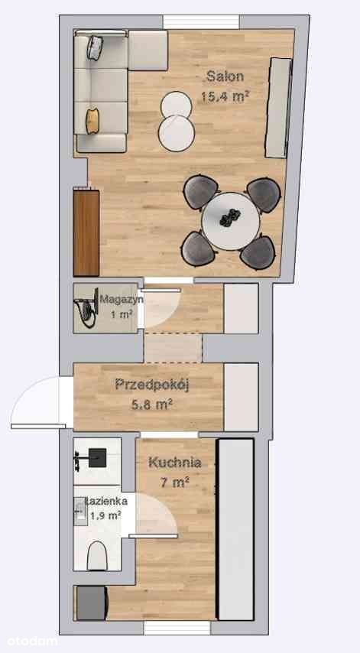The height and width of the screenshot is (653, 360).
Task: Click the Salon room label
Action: point(225,76)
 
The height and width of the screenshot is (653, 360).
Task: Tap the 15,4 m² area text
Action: point(225,96)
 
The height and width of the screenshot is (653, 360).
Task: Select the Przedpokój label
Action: point(152,385)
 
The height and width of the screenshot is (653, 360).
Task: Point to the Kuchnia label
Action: point(175,463)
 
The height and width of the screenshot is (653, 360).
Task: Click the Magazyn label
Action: point(122,299)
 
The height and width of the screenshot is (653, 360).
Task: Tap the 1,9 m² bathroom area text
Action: point(105,516)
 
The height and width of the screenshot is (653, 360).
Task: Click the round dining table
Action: point(231,221)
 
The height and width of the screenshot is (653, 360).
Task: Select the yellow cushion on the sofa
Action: point(92,121)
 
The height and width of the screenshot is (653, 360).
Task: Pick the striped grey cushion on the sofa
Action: point(95,47)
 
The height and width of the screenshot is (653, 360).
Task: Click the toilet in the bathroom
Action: point(97,556)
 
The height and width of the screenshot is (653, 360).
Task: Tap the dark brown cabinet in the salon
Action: point(86,233)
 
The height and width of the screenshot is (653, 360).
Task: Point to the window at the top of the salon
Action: point(201,22)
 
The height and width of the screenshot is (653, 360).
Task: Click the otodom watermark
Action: point(28,641)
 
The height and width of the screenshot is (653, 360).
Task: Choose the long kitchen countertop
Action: point(236,529)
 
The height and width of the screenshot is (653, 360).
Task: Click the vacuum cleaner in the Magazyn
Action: point(86,308)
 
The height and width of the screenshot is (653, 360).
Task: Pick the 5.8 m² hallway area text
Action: point(153,404)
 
